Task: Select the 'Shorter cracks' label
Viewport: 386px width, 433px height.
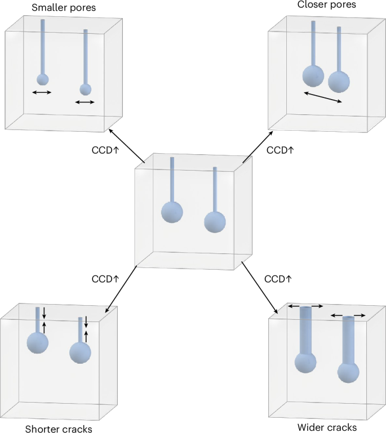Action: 59,429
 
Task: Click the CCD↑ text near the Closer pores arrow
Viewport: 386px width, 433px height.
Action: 281,150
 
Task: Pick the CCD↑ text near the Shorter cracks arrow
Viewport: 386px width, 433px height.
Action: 105,279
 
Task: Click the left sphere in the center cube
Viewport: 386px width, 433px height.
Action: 172,212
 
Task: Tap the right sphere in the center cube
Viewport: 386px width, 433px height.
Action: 215,222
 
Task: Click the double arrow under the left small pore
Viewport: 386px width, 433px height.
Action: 42,92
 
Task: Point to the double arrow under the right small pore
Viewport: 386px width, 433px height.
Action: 85,102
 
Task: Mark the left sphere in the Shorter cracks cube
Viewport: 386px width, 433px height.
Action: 38,342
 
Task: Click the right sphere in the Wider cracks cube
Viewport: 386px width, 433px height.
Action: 348,372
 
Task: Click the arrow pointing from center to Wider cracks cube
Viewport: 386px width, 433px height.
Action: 260,288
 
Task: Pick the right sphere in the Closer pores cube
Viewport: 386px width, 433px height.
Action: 339,82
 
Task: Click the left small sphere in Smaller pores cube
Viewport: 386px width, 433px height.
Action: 42,79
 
